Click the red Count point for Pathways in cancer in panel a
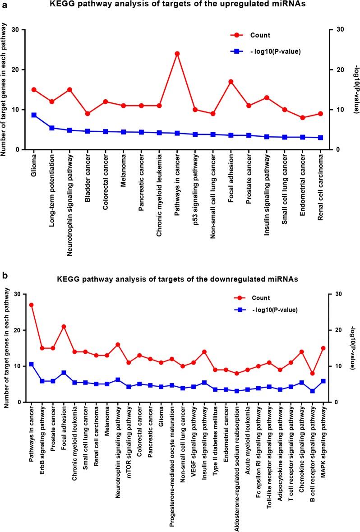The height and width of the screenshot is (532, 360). coord(177,54)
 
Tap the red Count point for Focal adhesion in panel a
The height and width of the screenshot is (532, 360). coord(231,82)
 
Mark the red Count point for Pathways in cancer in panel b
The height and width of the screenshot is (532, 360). coord(31,305)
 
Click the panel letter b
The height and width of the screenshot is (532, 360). coord(4,274)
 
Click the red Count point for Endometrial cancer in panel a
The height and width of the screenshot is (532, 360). coord(302,118)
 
